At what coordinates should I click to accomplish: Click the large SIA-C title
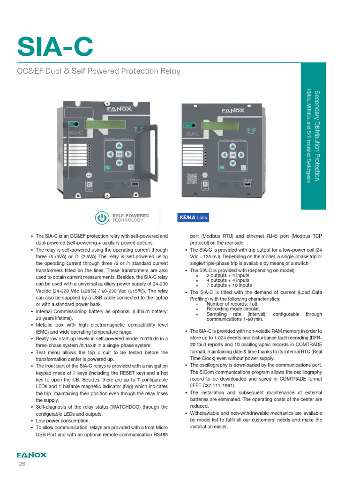(55, 46)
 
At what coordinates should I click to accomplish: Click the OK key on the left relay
(119, 154)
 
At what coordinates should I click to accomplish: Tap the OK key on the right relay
(232, 155)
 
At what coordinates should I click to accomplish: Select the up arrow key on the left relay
(119, 145)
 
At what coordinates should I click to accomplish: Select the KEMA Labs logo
(193, 217)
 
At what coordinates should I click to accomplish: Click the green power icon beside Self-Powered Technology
(102, 217)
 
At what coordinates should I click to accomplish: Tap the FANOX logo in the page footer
(31, 455)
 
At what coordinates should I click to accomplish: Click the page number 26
(22, 464)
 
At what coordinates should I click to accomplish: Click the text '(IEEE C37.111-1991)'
(212, 385)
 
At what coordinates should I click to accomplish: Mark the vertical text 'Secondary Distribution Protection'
(317, 136)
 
